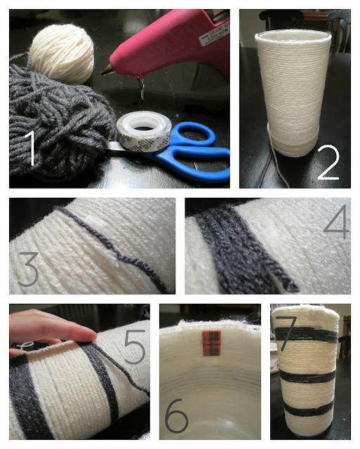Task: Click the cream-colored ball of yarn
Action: point(62,53)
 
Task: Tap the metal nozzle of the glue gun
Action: point(107,70)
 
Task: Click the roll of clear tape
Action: point(144,131)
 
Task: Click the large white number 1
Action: point(30,148)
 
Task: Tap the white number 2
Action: point(328,162)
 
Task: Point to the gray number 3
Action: point(28,269)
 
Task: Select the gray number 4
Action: point(336,222)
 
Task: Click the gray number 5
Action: point(135,347)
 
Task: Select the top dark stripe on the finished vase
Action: point(307,334)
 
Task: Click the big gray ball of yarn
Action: point(59,120)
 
